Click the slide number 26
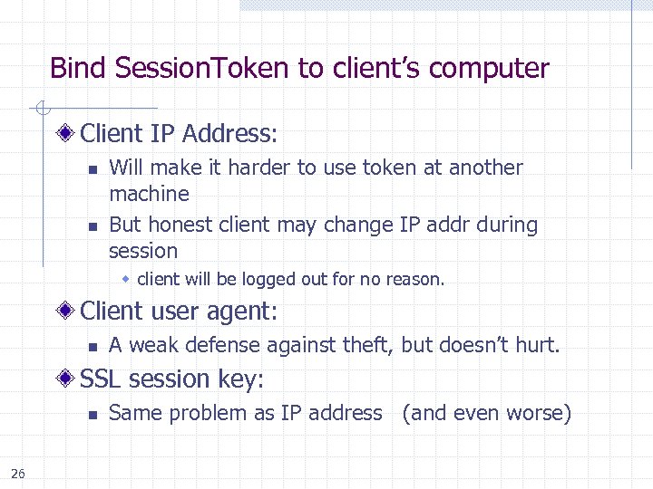tap(18, 472)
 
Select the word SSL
tap(102, 379)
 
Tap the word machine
tap(149, 194)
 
